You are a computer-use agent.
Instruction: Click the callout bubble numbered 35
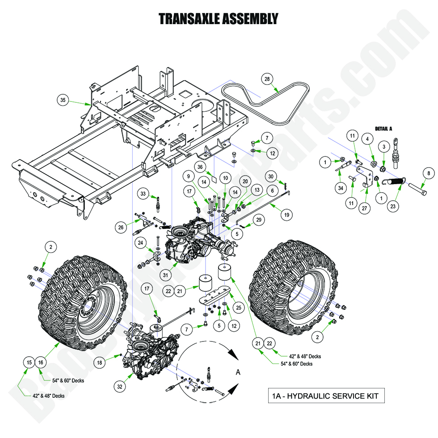pos(63,100)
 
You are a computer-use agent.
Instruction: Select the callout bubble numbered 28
pos(267,79)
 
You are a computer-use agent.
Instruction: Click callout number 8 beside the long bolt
pos(428,173)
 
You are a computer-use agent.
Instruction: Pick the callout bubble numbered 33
pos(143,194)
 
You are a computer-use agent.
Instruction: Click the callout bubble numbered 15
pos(29,362)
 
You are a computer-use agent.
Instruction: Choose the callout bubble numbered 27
pos(366,195)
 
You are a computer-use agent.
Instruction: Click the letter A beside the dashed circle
pos(238,372)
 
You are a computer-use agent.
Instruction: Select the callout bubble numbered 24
pos(140,243)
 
